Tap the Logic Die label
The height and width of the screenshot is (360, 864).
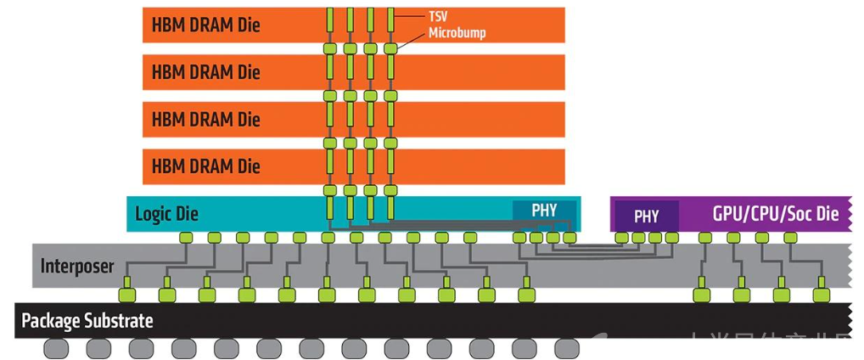point(166,212)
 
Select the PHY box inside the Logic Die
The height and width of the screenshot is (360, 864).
point(544,210)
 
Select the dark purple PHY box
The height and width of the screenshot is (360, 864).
point(647,216)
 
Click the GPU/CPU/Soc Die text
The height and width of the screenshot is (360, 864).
point(776,213)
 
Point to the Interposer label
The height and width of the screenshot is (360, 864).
point(77,266)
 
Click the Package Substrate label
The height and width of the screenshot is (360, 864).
point(87,321)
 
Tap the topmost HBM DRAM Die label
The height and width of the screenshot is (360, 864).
point(205,25)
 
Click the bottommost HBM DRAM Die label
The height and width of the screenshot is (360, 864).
point(205,165)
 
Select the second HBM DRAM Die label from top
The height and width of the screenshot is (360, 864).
point(205,71)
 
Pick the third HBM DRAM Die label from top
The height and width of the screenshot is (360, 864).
point(205,118)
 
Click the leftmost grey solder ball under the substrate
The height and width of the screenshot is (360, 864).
point(58,349)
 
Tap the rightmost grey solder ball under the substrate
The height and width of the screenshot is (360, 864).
point(566,349)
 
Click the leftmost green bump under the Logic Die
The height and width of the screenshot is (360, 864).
point(184,238)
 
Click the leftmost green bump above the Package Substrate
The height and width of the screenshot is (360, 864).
point(126,295)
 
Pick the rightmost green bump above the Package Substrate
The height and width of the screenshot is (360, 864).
point(819,295)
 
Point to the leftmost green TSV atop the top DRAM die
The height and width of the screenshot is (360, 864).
point(329,16)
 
